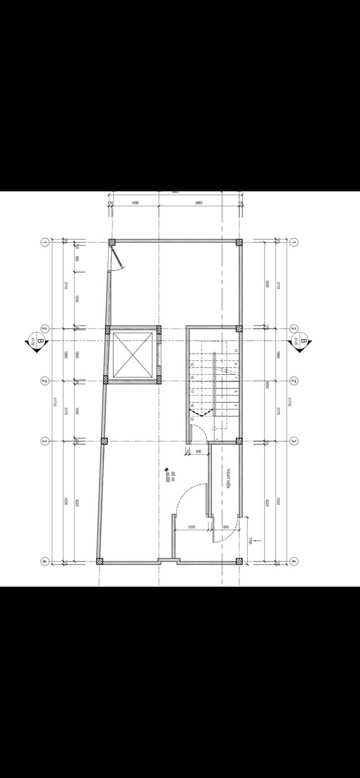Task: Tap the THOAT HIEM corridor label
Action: [x=228, y=479]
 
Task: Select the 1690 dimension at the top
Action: [x=135, y=203]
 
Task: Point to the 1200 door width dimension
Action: [x=191, y=527]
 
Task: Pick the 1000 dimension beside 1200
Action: [x=225, y=527]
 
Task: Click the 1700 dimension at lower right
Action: [x=250, y=541]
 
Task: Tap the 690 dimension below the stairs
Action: [x=198, y=451]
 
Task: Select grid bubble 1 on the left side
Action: [x=44, y=242]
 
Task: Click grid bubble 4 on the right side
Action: [x=294, y=562]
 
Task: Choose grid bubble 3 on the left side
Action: [x=44, y=441]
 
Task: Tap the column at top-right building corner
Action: [x=239, y=242]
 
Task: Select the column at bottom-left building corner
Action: [x=99, y=562]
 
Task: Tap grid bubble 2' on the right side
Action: [x=294, y=381]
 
